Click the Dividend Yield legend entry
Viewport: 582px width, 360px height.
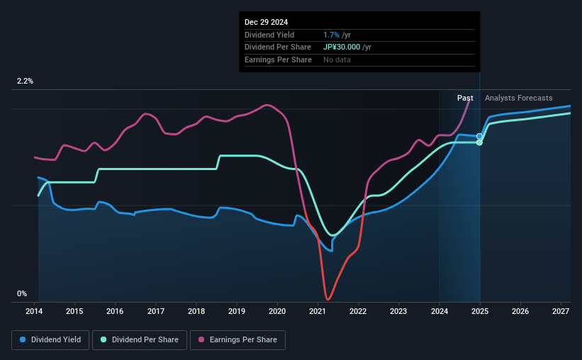tap(50, 340)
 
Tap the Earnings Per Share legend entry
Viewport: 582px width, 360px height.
tap(238, 340)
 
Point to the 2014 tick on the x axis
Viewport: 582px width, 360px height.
tap(35, 311)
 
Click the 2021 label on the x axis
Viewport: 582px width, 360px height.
tap(318, 311)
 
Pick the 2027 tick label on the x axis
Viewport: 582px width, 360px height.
tap(560, 311)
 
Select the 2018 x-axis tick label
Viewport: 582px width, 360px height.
tap(196, 311)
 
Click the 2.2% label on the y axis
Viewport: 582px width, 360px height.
tap(25, 81)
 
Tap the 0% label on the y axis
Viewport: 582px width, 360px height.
tap(22, 293)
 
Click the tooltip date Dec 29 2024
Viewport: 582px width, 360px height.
tap(267, 23)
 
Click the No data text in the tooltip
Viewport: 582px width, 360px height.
tap(337, 60)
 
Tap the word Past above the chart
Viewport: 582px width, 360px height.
tap(465, 98)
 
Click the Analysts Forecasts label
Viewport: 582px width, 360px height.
tap(518, 98)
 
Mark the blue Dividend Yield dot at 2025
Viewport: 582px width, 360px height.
tap(480, 136)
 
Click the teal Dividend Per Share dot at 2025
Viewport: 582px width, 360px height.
tap(480, 142)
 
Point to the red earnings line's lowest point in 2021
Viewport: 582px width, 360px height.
tap(328, 299)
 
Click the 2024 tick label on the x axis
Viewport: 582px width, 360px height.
tap(439, 311)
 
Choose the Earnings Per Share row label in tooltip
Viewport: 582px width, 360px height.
tap(278, 60)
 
